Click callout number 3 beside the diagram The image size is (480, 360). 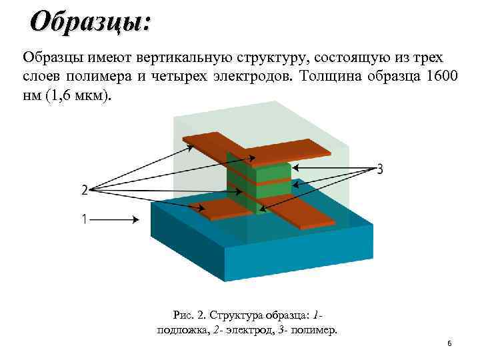coord(380,169)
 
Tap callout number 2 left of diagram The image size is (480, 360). coord(84,191)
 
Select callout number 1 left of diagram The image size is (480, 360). coord(84,219)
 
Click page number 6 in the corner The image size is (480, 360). coord(449,343)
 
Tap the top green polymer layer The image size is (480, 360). coord(257,169)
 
